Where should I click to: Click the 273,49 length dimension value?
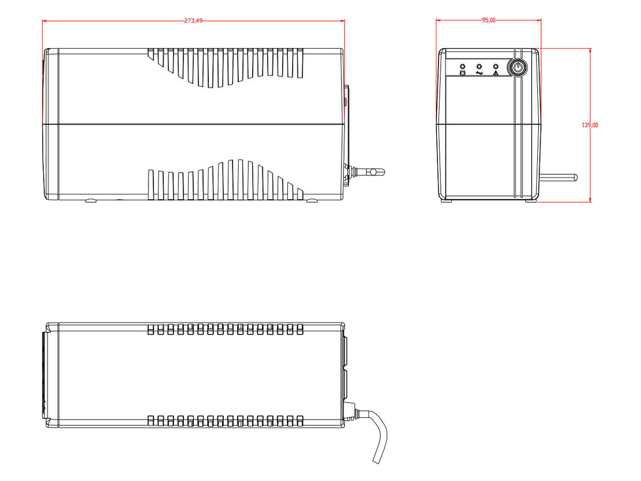(x=193, y=21)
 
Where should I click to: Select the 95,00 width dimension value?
(x=489, y=20)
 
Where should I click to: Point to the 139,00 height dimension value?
(x=590, y=125)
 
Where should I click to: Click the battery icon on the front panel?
(x=463, y=73)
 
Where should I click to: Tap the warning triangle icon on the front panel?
(x=496, y=73)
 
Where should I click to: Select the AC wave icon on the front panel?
(x=479, y=73)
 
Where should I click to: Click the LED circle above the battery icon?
(x=463, y=67)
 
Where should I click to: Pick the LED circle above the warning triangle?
(x=496, y=67)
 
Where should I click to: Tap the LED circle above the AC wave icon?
(x=479, y=67)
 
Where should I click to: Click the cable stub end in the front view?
(x=576, y=177)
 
